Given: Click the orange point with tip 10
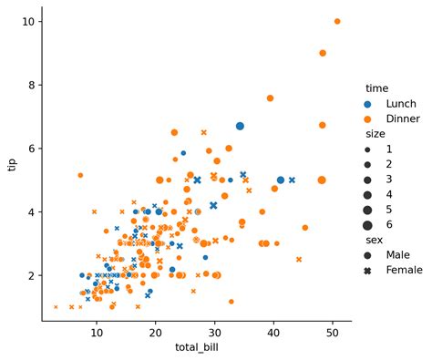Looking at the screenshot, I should pos(337,21).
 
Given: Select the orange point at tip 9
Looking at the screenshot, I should pos(323,53).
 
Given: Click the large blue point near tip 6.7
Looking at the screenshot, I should pos(240,126).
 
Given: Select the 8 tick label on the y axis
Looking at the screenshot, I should pos(32,85).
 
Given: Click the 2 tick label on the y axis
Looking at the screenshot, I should pos(32,275).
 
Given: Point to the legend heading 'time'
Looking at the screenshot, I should pos(377,88).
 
